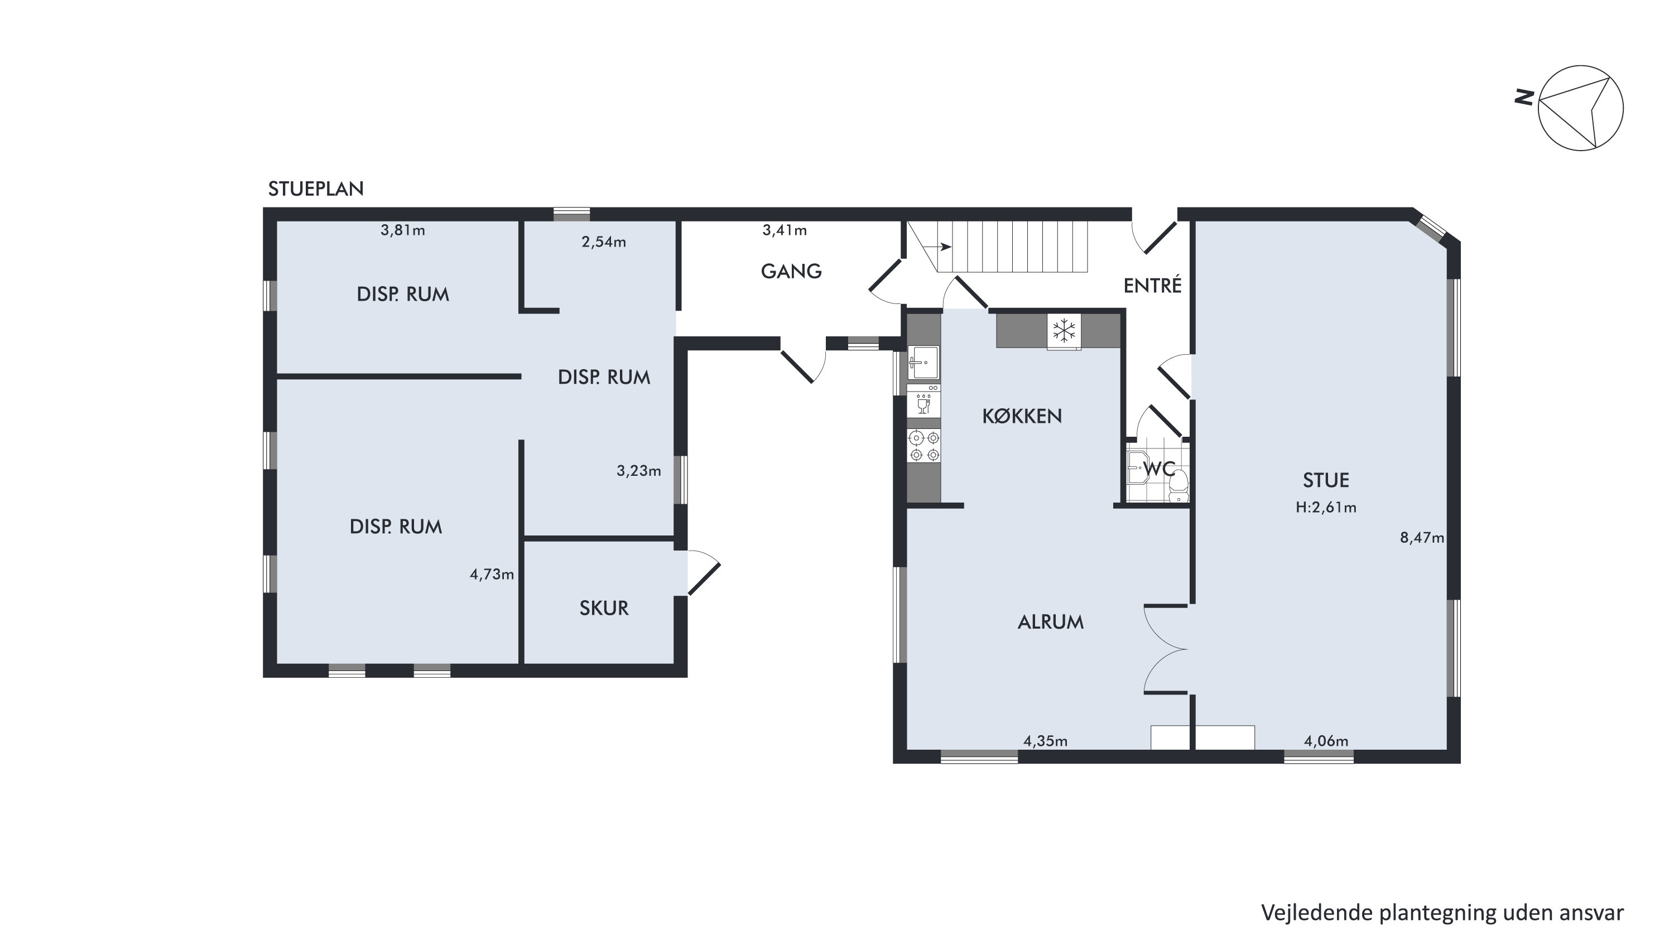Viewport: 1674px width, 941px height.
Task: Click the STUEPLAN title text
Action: [316, 189]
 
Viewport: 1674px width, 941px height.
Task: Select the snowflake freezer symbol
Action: [1064, 331]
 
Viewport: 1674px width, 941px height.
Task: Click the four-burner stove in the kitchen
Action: [924, 446]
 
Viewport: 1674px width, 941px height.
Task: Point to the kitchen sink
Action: [923, 363]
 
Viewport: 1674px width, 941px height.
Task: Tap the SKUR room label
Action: [604, 609]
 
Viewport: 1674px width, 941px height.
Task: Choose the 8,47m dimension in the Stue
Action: [1422, 538]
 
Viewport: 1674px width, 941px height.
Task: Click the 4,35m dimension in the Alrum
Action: [1045, 741]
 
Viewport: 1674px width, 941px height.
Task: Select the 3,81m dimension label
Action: [403, 230]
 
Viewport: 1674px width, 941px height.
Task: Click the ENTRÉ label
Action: [1152, 285]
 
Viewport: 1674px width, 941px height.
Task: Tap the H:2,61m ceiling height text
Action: [1326, 507]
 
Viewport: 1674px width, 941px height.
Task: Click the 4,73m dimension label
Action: [492, 574]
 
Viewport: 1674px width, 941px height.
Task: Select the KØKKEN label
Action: [1022, 416]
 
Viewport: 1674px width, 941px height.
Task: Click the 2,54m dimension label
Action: [604, 242]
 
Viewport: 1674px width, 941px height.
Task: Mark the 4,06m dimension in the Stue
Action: [1326, 741]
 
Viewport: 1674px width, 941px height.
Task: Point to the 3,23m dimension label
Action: [639, 471]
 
